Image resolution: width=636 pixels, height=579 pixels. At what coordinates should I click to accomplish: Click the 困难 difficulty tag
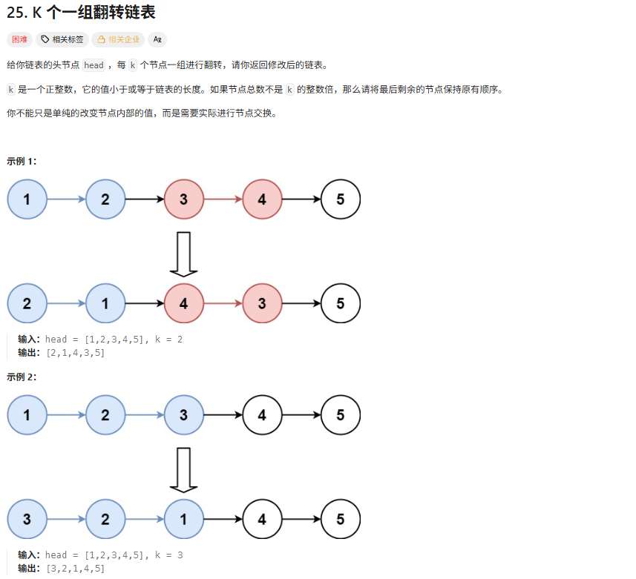point(19,39)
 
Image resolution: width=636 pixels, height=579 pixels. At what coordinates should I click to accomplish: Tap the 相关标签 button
point(62,39)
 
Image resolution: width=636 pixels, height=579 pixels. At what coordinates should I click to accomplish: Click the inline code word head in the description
point(94,65)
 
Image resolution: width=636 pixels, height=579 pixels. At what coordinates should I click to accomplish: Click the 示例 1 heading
point(22,161)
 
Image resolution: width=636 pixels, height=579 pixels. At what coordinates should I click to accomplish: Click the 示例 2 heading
point(22,377)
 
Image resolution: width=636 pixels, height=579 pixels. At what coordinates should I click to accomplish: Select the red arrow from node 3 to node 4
point(223,199)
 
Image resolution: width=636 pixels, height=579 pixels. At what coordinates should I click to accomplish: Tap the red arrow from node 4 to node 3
point(223,303)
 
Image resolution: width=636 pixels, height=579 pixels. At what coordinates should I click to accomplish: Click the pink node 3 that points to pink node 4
point(184,199)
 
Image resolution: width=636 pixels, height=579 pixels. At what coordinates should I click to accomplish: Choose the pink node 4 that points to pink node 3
point(184,303)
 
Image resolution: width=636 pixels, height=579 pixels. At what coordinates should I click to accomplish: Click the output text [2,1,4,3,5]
point(75,353)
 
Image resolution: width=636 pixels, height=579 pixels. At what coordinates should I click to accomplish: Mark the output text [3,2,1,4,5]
point(75,569)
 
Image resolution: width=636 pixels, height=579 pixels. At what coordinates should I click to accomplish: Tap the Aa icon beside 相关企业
point(157,39)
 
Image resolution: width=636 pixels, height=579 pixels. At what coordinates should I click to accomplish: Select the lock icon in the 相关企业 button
point(102,39)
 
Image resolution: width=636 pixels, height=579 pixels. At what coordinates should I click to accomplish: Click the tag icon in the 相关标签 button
point(45,39)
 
